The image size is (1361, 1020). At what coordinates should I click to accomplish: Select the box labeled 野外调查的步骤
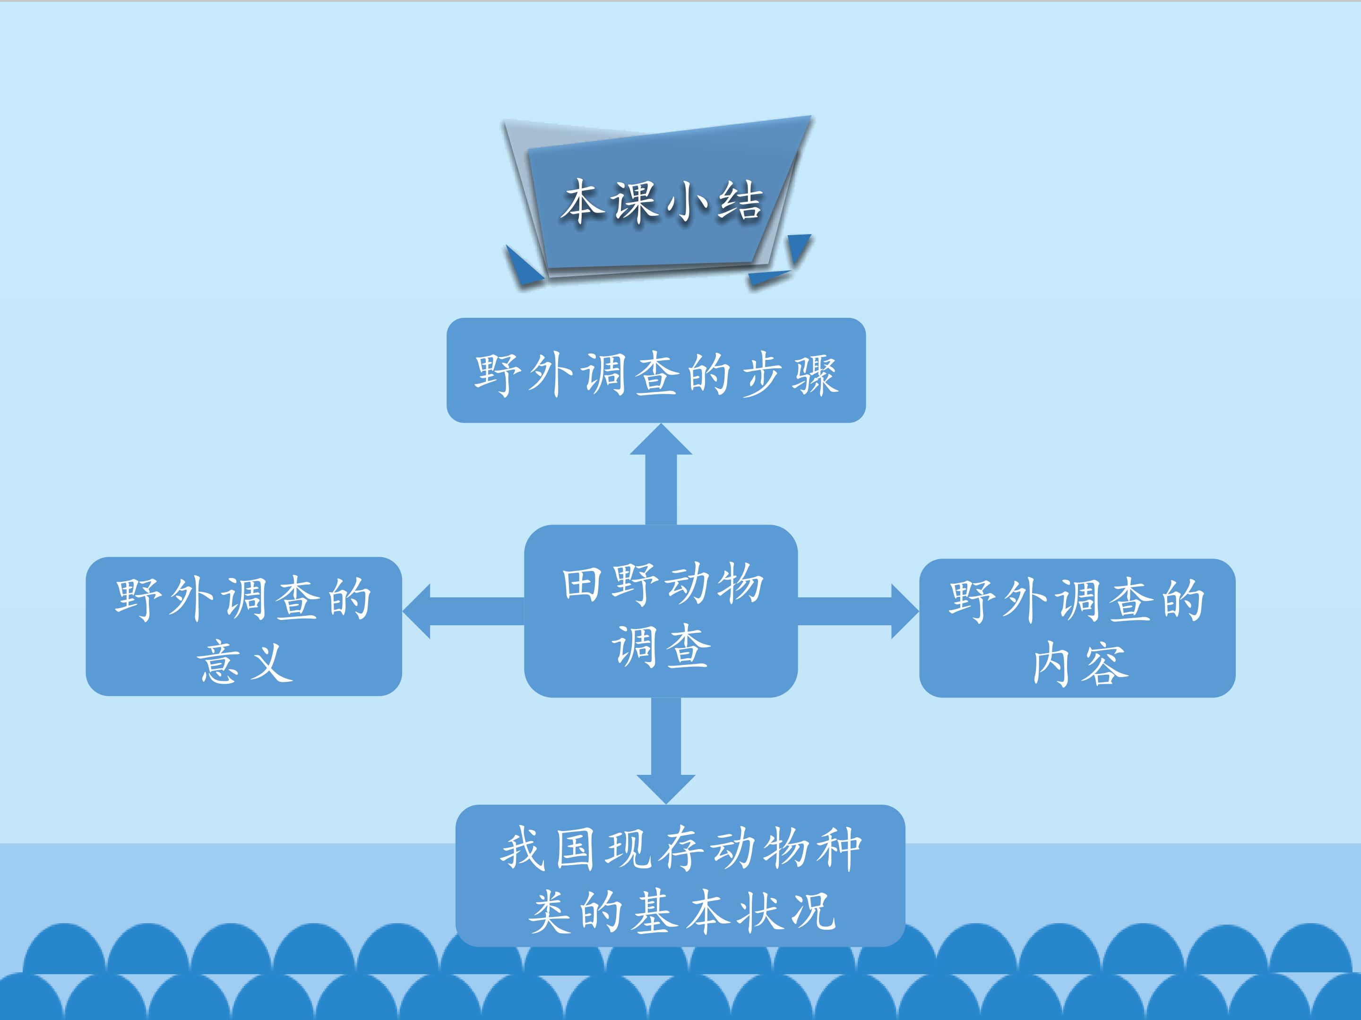click(x=656, y=370)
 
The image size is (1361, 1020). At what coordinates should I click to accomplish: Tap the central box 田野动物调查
click(x=661, y=611)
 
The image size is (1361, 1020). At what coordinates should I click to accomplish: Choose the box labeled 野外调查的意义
click(x=244, y=627)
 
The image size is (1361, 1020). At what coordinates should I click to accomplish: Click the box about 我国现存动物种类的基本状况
click(x=680, y=875)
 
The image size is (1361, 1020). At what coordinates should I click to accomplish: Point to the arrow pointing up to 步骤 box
click(x=661, y=474)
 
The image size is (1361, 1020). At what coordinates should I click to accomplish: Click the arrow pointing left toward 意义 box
click(x=463, y=611)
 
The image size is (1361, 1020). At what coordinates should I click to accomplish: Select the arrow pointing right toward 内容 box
click(x=858, y=611)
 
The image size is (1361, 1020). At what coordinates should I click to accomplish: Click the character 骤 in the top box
click(x=815, y=374)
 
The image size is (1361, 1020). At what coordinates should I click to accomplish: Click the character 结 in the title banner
click(x=741, y=201)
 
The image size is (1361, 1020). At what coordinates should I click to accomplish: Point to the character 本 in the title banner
click(x=582, y=201)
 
